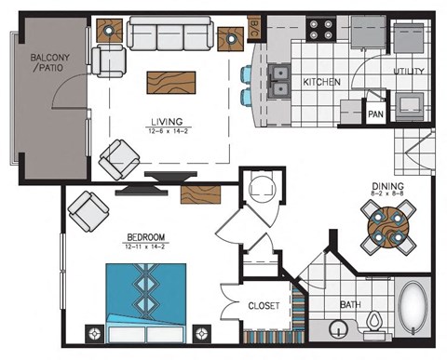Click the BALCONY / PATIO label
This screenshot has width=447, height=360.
[x=44, y=62]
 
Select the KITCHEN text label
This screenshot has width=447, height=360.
[x=321, y=83]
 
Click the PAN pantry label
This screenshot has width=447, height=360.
[x=375, y=114]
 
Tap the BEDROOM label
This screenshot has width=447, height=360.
[x=144, y=238]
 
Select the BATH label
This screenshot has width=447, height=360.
[x=349, y=303]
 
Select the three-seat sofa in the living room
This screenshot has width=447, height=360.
[x=169, y=36]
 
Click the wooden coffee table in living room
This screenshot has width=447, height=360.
[x=171, y=82]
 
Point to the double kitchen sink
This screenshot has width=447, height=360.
[x=278, y=81]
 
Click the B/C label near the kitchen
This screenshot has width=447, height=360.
[x=252, y=30]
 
